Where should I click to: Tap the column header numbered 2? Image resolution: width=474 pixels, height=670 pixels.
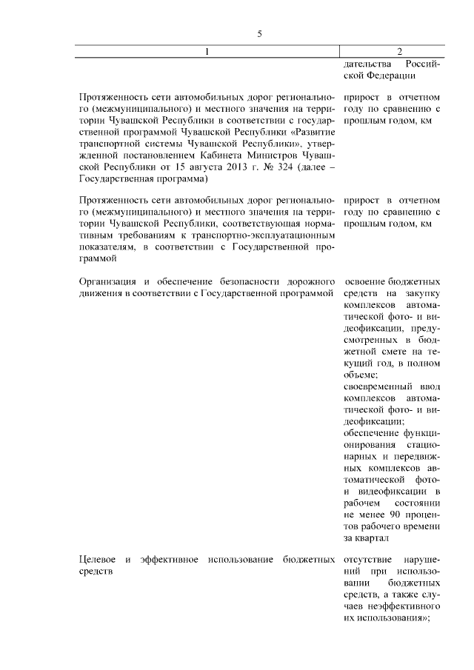point(399,51)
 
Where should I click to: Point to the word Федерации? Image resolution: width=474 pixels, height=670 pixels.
point(389,75)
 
